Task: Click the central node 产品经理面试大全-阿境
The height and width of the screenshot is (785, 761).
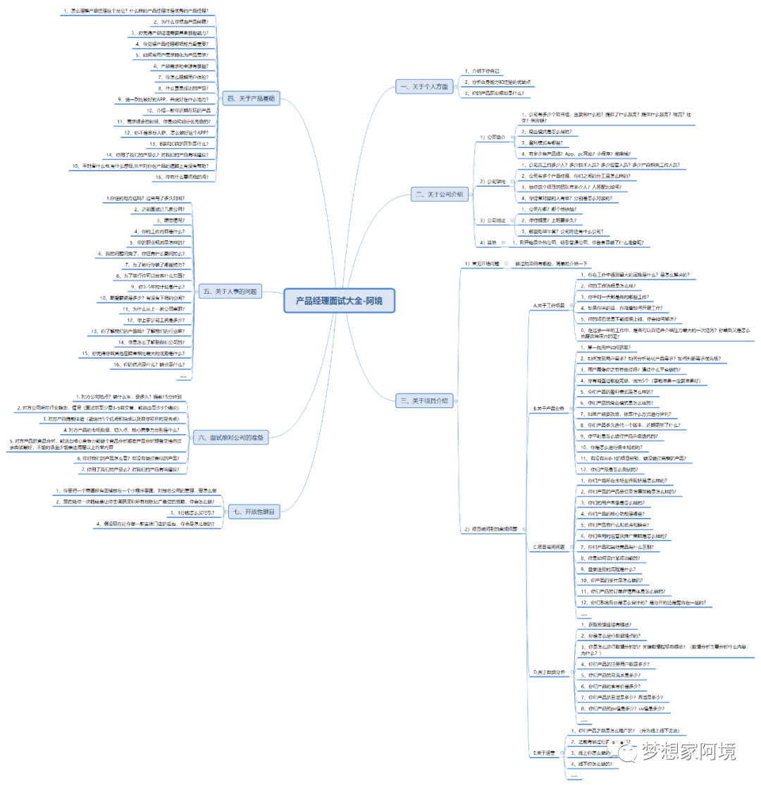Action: [x=340, y=302]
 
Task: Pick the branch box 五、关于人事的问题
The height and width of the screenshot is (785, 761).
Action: [x=230, y=290]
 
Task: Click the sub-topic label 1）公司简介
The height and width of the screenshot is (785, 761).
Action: [x=493, y=137]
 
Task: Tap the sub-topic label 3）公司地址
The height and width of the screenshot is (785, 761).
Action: [x=493, y=220]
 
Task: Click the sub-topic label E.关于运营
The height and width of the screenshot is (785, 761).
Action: [x=545, y=753]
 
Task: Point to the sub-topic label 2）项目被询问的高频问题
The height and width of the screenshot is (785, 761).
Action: [x=491, y=529]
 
